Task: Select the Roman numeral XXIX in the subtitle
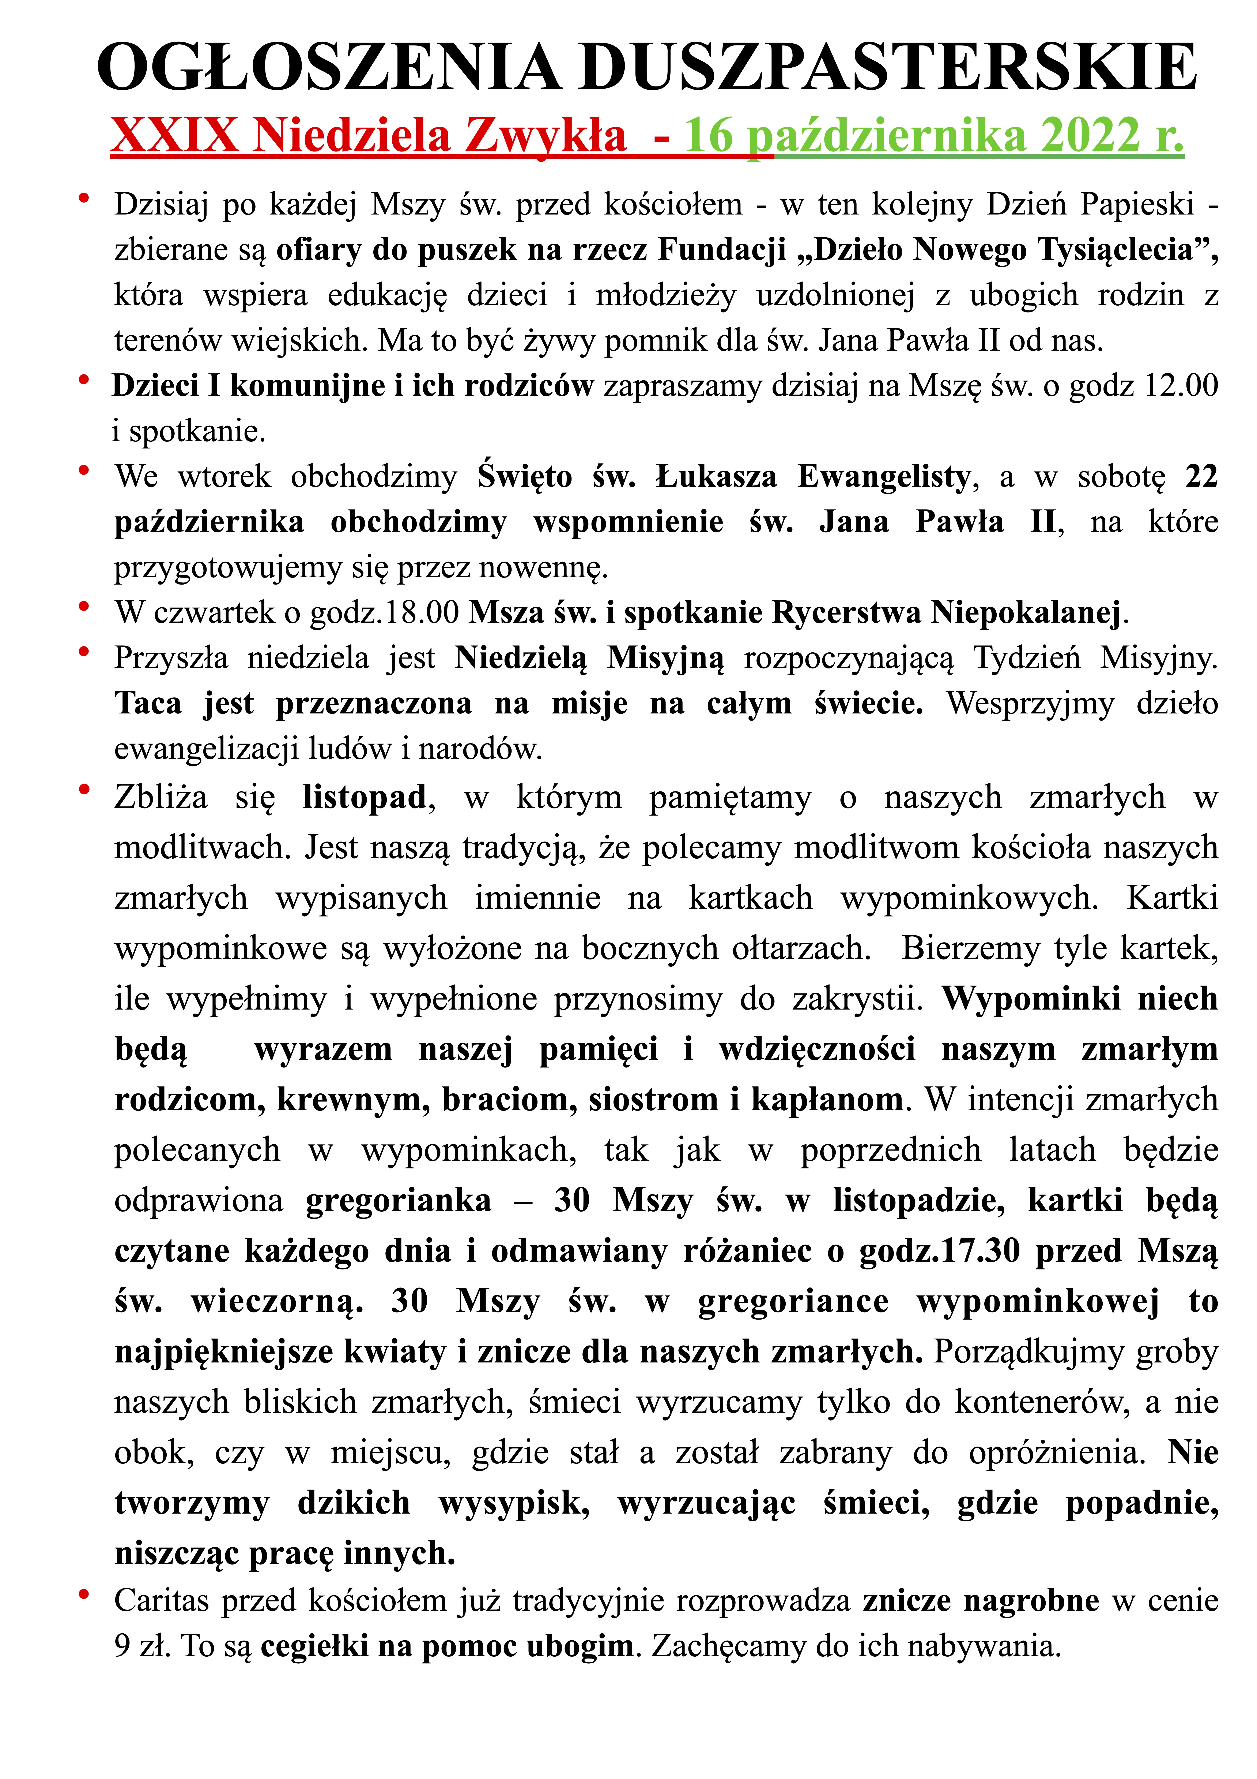point(174,136)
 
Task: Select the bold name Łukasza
point(716,477)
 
